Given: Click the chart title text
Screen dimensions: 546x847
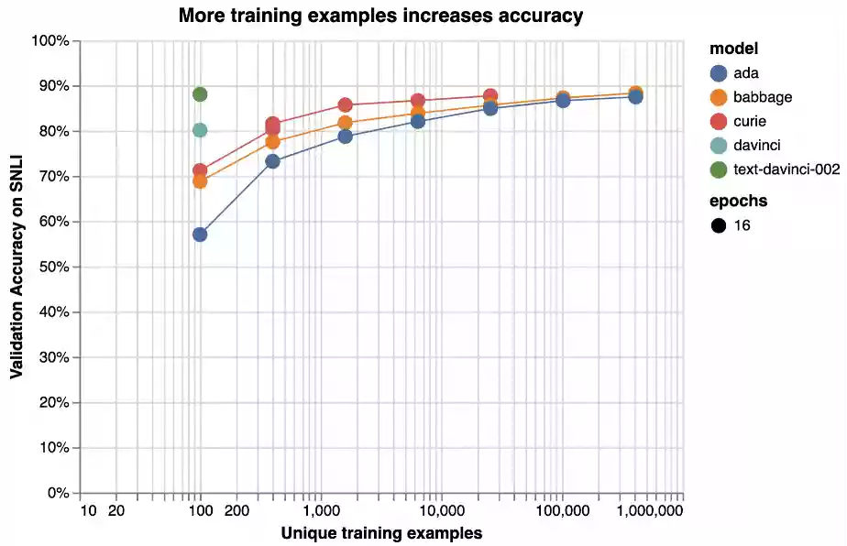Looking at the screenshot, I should pos(380,16).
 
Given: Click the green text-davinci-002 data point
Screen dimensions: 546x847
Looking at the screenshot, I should pos(200,94).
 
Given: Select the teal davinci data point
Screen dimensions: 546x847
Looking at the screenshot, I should pos(200,130).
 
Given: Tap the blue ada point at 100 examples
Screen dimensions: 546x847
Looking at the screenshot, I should pos(200,235).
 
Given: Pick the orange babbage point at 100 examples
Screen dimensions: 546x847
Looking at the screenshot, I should pos(200,181).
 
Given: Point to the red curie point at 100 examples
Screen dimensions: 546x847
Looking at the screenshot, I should pos(200,170).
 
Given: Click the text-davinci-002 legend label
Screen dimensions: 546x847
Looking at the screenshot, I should pos(786,169).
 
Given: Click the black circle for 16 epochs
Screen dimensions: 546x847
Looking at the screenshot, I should pos(719,224).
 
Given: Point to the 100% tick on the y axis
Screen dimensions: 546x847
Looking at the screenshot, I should pos(50,41).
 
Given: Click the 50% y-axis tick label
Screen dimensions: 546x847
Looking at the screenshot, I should pos(54,268).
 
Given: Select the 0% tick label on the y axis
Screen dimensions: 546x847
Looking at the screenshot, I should pos(58,494).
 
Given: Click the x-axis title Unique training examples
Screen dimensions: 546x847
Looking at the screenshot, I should pos(381,532).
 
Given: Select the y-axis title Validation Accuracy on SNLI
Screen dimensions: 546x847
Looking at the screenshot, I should pos(16,268).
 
